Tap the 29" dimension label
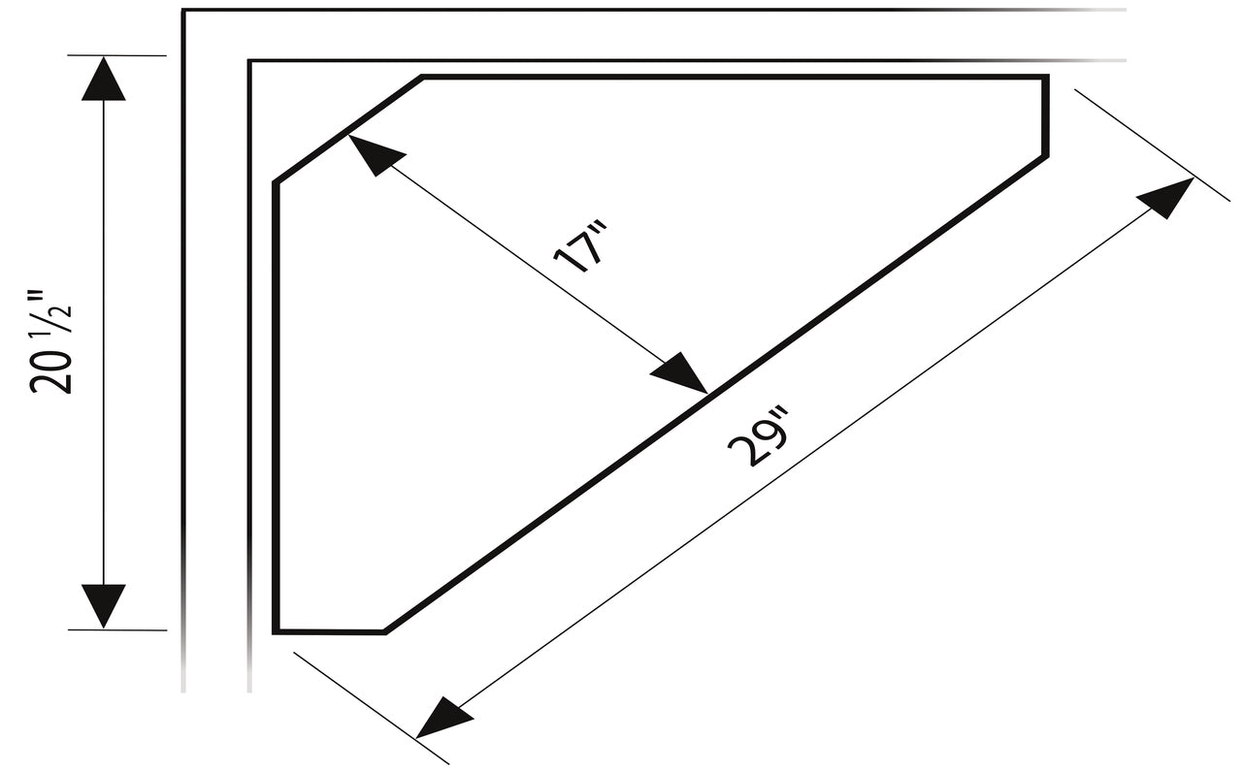(x=758, y=436)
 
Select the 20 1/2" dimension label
(x=50, y=341)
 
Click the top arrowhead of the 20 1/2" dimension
(x=104, y=79)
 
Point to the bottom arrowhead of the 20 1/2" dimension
(x=104, y=606)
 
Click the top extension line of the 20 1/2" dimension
(x=117, y=55)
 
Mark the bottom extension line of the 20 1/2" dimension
(x=117, y=630)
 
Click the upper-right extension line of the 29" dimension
(x=1152, y=145)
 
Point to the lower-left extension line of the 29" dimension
(x=371, y=708)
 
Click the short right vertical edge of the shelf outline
(x=1046, y=116)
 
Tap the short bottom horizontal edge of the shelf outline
(x=329, y=631)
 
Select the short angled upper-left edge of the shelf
(x=348, y=130)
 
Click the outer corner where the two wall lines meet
(x=183, y=10)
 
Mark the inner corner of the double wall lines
(x=249, y=60)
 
